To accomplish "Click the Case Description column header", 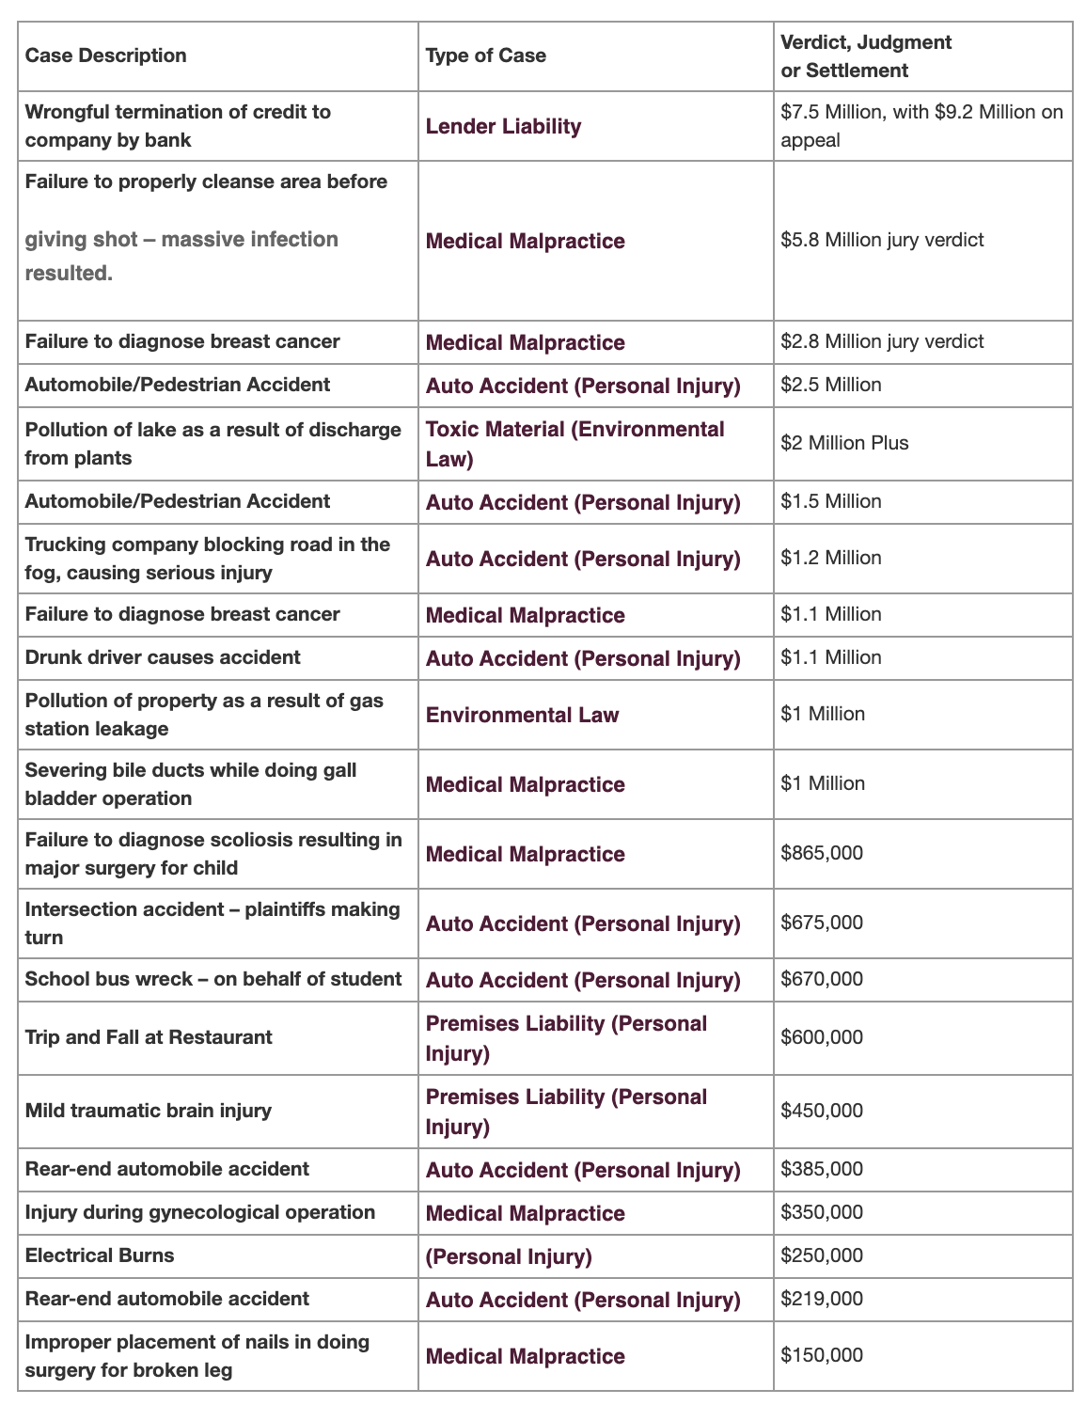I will pyautogui.click(x=105, y=55).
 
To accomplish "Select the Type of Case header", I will pyautogui.click(x=485, y=55).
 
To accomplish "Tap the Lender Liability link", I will pyautogui.click(x=503, y=126).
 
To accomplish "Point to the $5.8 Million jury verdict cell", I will pyautogui.click(x=882, y=240).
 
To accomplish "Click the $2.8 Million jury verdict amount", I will pyautogui.click(x=882, y=341).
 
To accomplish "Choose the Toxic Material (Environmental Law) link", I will pyautogui.click(x=574, y=444).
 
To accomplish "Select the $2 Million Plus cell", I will pyautogui.click(x=844, y=443).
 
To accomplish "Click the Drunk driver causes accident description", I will pyautogui.click(x=163, y=657).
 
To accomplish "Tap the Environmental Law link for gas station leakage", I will pyautogui.click(x=522, y=715).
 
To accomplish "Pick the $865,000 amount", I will pyautogui.click(x=822, y=853).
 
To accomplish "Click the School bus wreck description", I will pyautogui.click(x=212, y=979).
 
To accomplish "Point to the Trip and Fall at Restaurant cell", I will pyautogui.click(x=149, y=1037).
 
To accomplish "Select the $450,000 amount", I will pyautogui.click(x=822, y=1111).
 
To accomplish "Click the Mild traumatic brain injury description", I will pyautogui.click(x=148, y=1111).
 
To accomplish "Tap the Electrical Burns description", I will pyautogui.click(x=100, y=1255).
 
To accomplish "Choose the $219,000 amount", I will pyautogui.click(x=822, y=1299).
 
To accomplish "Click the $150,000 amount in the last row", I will pyautogui.click(x=822, y=1355).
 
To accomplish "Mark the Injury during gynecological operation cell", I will pyautogui.click(x=199, y=1212).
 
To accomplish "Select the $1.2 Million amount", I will pyautogui.click(x=831, y=558).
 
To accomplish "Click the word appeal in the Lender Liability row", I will pyautogui.click(x=811, y=140).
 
